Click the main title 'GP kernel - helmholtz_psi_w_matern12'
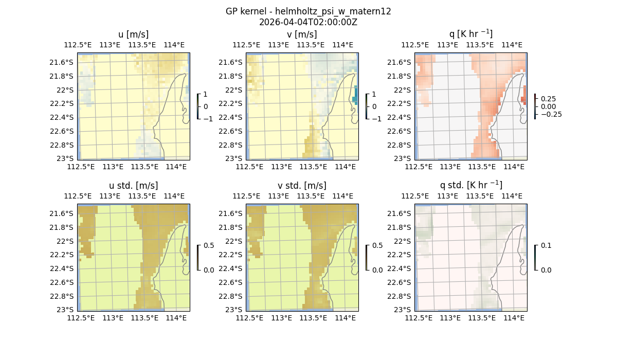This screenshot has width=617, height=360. coord(308,11)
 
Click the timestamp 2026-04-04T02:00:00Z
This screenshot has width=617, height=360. coord(308,22)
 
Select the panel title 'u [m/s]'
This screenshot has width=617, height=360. coord(134,34)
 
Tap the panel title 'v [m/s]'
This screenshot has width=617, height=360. coord(302,34)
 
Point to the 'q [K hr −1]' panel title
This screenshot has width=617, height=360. coord(470,34)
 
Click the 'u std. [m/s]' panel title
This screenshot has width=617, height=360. coord(134,185)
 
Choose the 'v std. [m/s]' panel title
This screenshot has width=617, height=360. coord(302,185)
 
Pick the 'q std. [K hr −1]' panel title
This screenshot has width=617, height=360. coord(470,185)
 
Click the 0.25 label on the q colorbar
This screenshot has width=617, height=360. coord(548,99)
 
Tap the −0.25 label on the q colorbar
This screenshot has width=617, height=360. coord(551,114)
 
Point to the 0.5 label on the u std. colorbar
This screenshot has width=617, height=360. coord(208,246)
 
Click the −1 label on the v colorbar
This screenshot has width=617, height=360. coord(376,119)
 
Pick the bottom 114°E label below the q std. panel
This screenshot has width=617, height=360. coord(514,318)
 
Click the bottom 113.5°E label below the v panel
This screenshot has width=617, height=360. coord(313,167)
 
